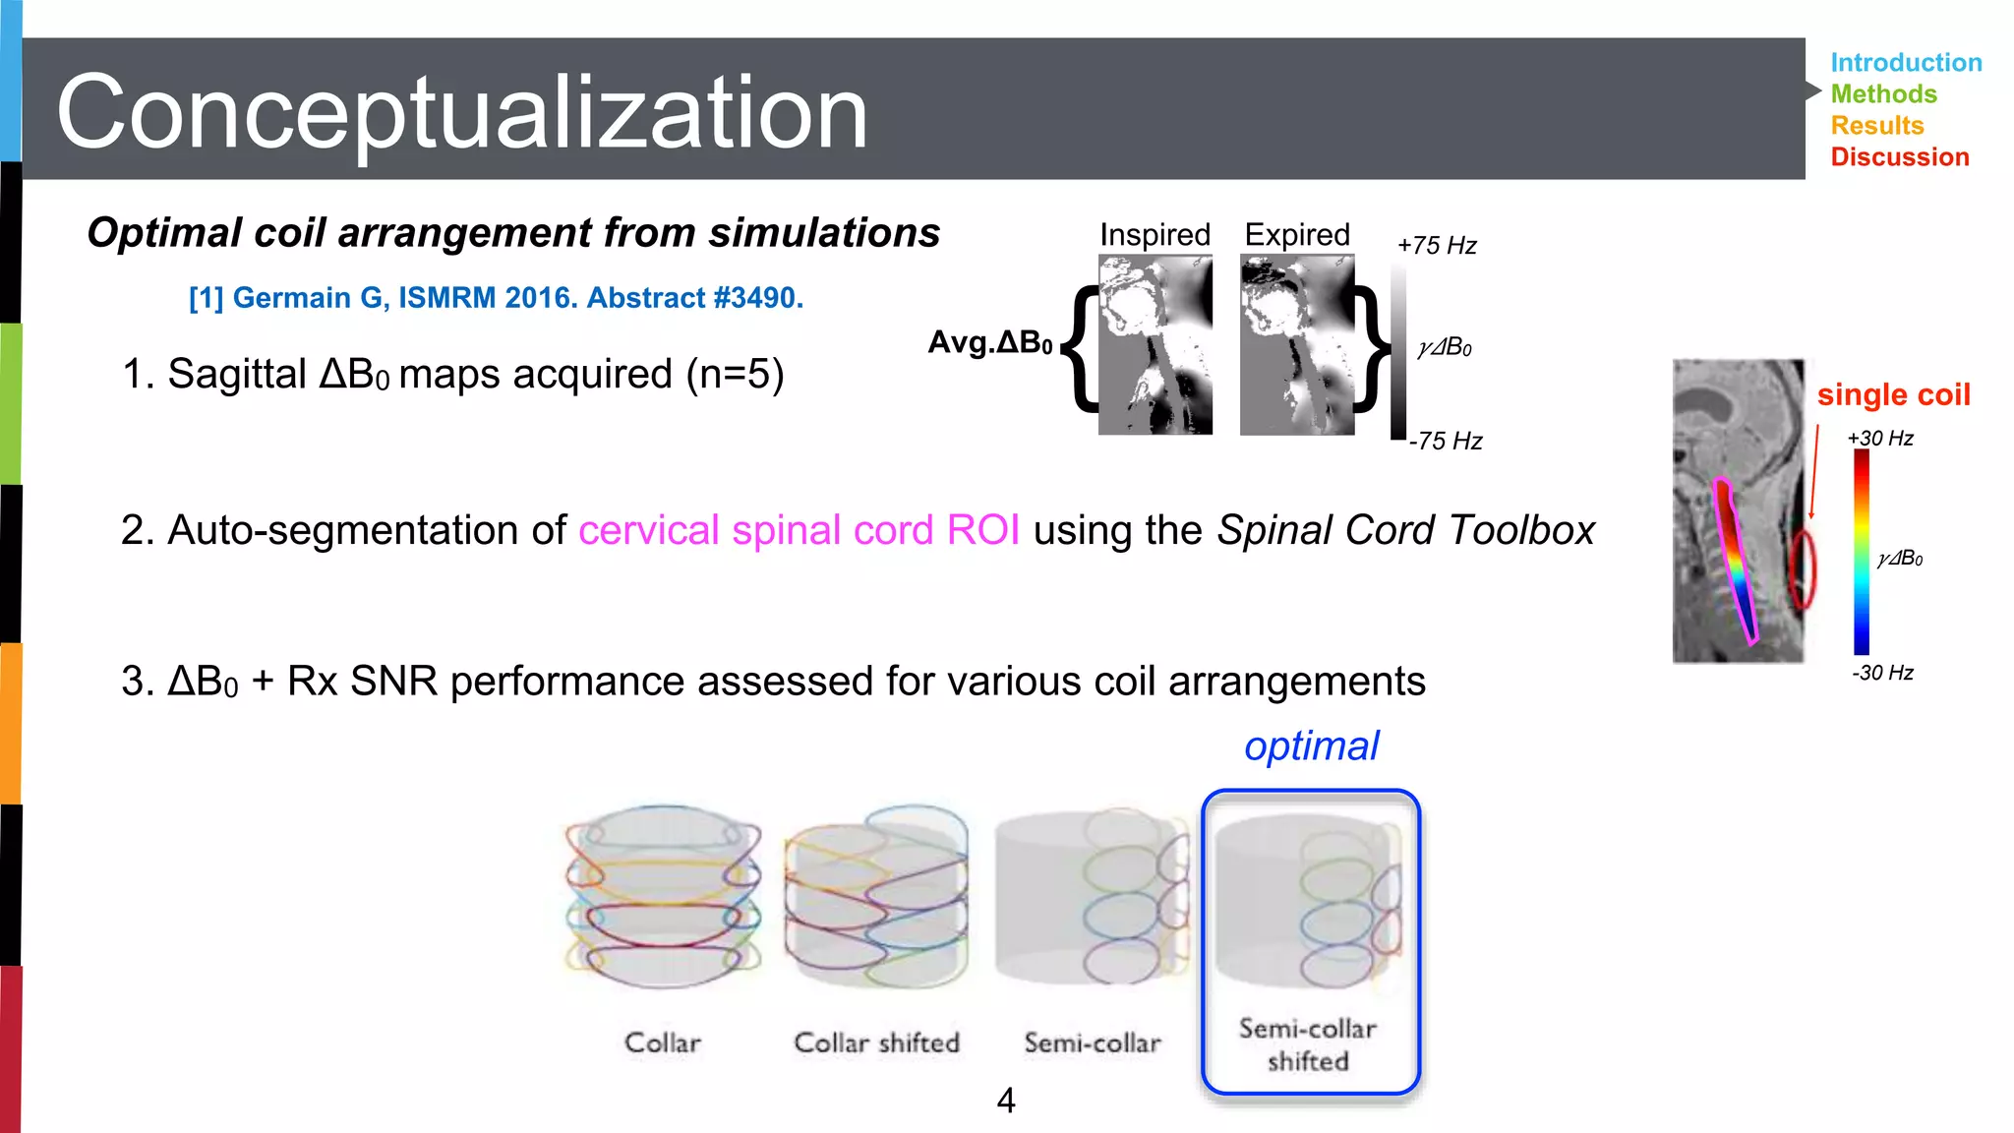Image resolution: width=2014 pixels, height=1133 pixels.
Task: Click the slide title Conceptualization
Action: (x=462, y=112)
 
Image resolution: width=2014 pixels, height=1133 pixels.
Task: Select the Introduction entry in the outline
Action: (x=1905, y=63)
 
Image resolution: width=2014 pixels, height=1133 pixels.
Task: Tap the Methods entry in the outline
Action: (x=1883, y=94)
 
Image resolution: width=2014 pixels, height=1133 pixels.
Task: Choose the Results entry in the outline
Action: (x=1876, y=126)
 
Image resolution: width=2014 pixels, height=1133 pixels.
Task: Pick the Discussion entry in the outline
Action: (x=1899, y=157)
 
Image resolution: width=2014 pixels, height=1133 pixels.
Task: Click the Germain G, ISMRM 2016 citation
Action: (x=496, y=298)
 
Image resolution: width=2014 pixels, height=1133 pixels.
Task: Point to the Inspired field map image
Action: (x=1155, y=344)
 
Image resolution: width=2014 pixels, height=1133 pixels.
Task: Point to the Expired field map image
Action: (x=1296, y=344)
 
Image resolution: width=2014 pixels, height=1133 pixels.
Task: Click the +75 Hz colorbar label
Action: (x=1437, y=246)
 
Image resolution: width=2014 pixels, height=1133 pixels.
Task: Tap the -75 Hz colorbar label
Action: (x=1445, y=441)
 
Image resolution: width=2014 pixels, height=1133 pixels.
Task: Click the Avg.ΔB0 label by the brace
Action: (x=990, y=342)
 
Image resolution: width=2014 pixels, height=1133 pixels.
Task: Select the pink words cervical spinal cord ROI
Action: (x=799, y=530)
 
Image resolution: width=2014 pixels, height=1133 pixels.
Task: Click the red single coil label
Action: (x=1893, y=394)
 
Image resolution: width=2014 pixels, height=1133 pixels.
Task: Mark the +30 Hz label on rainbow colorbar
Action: (x=1879, y=439)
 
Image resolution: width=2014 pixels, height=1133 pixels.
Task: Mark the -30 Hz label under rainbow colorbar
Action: (x=1882, y=673)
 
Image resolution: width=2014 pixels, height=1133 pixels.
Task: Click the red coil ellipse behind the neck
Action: (x=1802, y=569)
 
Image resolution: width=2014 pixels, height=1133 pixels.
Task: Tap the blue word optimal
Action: (x=1311, y=746)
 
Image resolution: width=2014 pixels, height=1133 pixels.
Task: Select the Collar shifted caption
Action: (x=876, y=1043)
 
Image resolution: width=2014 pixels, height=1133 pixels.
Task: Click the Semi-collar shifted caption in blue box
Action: (x=1307, y=1044)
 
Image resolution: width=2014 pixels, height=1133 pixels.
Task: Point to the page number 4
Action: (x=1005, y=1100)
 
